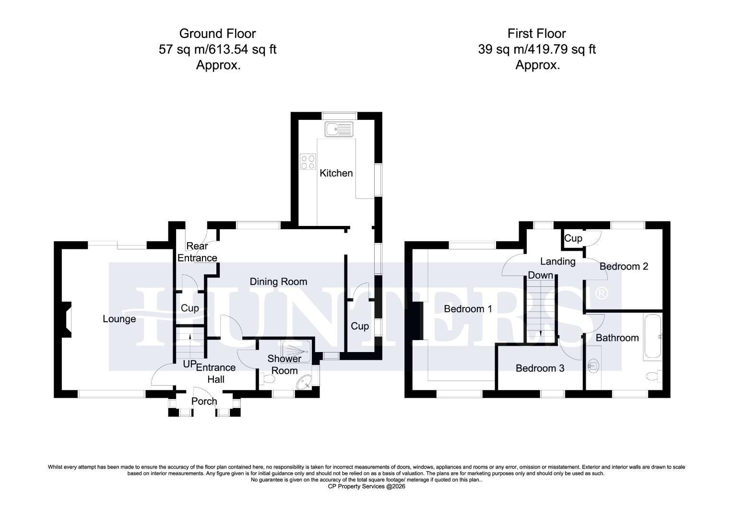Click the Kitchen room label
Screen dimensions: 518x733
pos(336,173)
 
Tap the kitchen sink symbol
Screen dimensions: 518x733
pos(338,129)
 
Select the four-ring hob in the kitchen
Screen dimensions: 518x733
pos(307,162)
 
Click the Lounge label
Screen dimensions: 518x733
pos(119,319)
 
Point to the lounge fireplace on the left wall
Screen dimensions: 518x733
pos(67,319)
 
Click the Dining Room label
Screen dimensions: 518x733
pos(278,282)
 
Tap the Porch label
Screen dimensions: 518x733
pos(204,401)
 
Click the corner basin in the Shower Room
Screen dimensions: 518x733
pos(305,381)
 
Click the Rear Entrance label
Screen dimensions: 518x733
pos(197,252)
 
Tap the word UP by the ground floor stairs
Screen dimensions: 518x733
pos(189,365)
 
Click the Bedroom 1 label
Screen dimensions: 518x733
pos(468,309)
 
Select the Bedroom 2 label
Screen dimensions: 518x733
pos(624,266)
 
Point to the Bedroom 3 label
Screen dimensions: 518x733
pos(540,368)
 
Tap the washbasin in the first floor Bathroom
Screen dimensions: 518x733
pos(593,366)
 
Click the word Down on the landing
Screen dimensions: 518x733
pos(541,275)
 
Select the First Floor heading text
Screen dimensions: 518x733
pos(537,34)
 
